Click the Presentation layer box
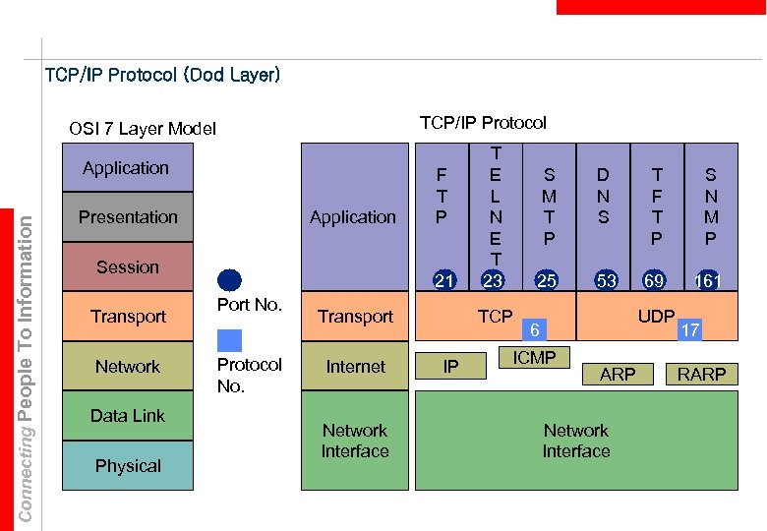click(x=128, y=217)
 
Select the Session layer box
click(x=128, y=266)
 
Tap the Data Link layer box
click(x=128, y=416)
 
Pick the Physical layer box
click(x=128, y=465)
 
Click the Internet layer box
click(x=355, y=367)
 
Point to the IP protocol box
click(x=450, y=367)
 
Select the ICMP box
click(x=534, y=358)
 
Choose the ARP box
click(x=618, y=374)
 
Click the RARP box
click(x=701, y=374)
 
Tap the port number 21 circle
click(x=444, y=281)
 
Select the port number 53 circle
click(x=607, y=281)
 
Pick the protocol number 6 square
click(x=534, y=330)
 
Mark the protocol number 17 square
click(x=690, y=330)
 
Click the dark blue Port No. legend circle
click(x=229, y=280)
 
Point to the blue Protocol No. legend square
click(x=229, y=340)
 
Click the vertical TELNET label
click(x=496, y=206)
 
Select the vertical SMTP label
click(x=549, y=206)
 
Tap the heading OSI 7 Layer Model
click(x=143, y=129)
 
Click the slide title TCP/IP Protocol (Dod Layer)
click(x=163, y=75)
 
